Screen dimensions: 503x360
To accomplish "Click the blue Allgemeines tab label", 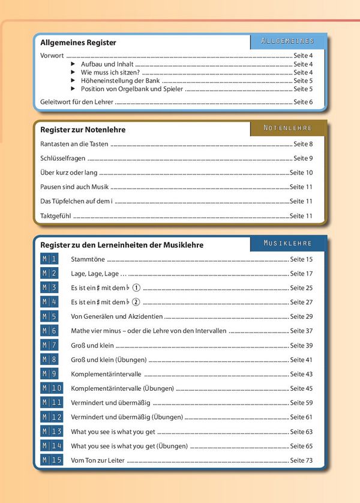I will [287, 41].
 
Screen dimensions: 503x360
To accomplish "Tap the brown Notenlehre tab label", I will [287, 128].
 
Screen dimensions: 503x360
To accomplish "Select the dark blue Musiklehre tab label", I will [287, 243].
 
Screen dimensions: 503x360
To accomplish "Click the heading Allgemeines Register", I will [78, 43].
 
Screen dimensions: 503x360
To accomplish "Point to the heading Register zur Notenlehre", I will [83, 130].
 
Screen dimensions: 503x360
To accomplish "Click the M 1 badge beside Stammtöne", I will [50, 259].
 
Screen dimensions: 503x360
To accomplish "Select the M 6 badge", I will [50, 331].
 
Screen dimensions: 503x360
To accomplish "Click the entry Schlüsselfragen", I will [62, 158].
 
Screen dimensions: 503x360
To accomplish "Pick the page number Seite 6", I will [303, 102].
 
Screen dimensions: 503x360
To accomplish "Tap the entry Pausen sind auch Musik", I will [74, 187].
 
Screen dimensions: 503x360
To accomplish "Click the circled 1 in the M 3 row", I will [136, 288].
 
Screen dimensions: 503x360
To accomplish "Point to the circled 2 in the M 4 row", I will [136, 302].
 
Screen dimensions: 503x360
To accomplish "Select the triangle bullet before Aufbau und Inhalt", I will [73, 64].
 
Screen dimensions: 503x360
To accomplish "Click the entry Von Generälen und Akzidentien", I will [116, 316].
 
